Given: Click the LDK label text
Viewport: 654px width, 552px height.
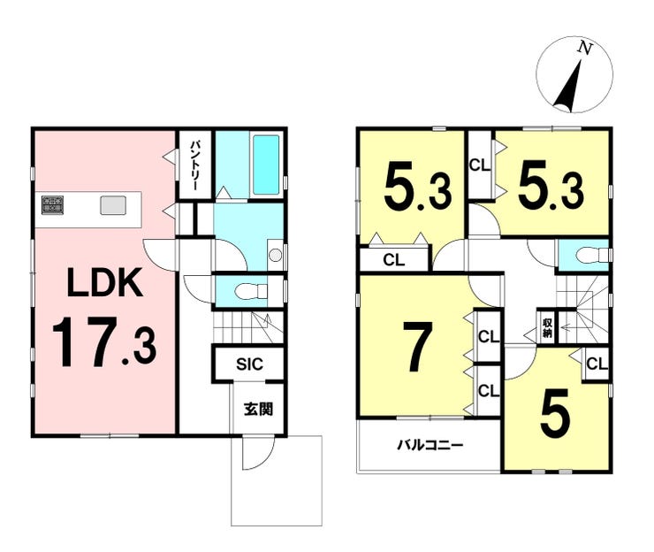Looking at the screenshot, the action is click(104, 283).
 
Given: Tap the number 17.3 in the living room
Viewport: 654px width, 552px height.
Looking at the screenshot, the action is click(104, 342).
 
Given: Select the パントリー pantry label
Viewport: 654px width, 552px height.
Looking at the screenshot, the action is click(195, 166).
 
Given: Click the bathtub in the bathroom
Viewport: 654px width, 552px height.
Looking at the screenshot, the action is click(266, 165).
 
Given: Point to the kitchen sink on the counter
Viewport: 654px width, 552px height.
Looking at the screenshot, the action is click(112, 206).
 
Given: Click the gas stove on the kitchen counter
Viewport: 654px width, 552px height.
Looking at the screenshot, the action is click(52, 206).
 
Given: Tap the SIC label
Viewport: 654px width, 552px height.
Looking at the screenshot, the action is click(249, 364).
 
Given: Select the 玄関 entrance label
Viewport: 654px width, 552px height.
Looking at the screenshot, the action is click(259, 410).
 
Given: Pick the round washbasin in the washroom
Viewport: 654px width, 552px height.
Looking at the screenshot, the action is click(275, 255).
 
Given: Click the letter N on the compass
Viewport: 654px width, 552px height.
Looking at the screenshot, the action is click(585, 49).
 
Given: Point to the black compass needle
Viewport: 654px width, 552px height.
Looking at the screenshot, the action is click(569, 86).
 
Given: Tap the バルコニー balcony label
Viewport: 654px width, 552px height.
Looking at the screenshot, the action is click(430, 446).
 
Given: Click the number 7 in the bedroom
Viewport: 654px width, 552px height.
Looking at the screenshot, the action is click(415, 347).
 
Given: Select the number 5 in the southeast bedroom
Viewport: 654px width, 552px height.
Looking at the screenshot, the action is click(555, 411).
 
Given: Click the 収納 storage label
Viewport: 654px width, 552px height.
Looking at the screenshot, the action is click(547, 327).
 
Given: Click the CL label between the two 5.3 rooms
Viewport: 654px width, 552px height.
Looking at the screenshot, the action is click(480, 165).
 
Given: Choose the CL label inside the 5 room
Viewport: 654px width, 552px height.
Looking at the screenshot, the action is click(597, 364).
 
